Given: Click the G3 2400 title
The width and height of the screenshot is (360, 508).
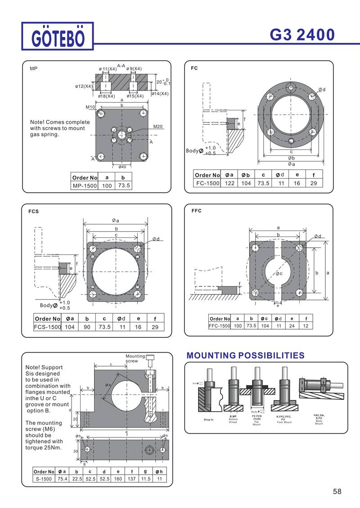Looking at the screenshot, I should tap(302, 35).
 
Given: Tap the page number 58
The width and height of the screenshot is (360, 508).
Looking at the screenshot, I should tap(337, 491).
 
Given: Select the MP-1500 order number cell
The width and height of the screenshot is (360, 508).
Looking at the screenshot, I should tap(85, 186).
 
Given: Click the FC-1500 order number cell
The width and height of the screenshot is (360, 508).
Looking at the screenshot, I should tap(207, 183).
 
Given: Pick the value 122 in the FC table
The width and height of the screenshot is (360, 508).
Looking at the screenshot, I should tap(229, 183).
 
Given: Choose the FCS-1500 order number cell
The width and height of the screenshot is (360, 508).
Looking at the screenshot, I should tap(47, 327).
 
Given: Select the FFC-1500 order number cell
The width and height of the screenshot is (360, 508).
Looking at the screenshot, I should tap(220, 326).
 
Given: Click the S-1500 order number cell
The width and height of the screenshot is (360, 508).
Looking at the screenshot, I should tap(44, 479).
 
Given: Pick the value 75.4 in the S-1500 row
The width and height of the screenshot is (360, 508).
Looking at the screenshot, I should tap(63, 479).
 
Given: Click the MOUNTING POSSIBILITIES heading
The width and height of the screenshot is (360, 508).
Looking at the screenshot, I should tap(245, 356).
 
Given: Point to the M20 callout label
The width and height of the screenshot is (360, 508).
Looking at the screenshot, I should tap(157, 127).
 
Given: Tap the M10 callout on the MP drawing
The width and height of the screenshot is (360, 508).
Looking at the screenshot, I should tap(90, 107).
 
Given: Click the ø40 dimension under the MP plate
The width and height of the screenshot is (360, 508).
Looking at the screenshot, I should tap(122, 167).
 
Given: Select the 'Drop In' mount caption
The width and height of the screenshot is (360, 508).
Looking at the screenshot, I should tap(208, 420).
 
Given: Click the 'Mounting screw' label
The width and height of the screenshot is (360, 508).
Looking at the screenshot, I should tap(135, 358).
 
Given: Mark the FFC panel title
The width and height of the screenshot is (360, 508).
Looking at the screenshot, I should tap(196, 211).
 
